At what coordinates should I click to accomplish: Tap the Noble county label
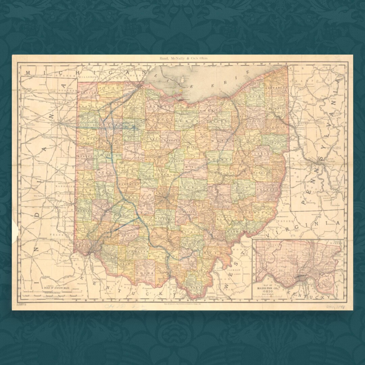click(246, 212)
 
